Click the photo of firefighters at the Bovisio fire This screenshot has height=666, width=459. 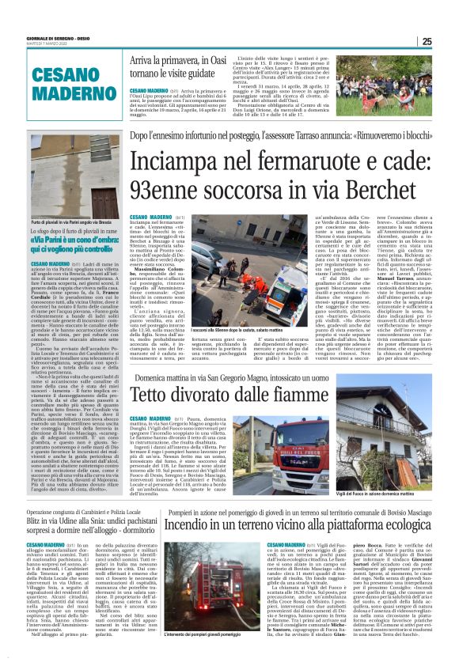click(x=226, y=609)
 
